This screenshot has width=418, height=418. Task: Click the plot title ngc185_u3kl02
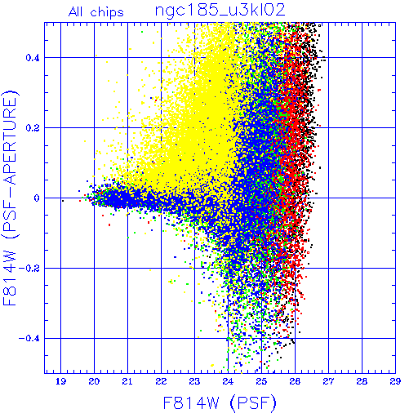[x=220, y=11]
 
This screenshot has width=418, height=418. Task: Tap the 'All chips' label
[x=96, y=12]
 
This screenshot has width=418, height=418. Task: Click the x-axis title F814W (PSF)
[x=220, y=402]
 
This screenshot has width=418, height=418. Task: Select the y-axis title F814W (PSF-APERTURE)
[x=11, y=198]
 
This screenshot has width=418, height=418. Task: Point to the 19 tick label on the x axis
[x=60, y=381]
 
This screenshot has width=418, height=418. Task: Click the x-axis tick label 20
[x=94, y=381]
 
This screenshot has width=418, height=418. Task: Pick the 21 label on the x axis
[x=127, y=381]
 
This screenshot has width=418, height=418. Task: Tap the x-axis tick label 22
[x=161, y=381]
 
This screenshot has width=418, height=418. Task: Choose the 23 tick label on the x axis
[x=194, y=381]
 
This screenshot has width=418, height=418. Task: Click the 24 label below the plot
[x=228, y=381]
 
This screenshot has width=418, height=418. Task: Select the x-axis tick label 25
[x=261, y=381]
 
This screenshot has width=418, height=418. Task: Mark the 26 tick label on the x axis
[x=295, y=381]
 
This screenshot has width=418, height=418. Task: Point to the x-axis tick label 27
[x=328, y=381]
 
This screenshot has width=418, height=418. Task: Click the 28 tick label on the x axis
[x=362, y=381]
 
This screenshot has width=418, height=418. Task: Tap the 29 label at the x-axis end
[x=395, y=381]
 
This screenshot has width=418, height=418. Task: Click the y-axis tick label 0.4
[x=33, y=58]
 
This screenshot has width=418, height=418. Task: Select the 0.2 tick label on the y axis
[x=33, y=128]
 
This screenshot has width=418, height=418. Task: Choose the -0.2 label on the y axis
[x=29, y=269]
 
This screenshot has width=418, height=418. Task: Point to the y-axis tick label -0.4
[x=29, y=339]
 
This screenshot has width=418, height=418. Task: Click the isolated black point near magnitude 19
[x=63, y=201]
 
